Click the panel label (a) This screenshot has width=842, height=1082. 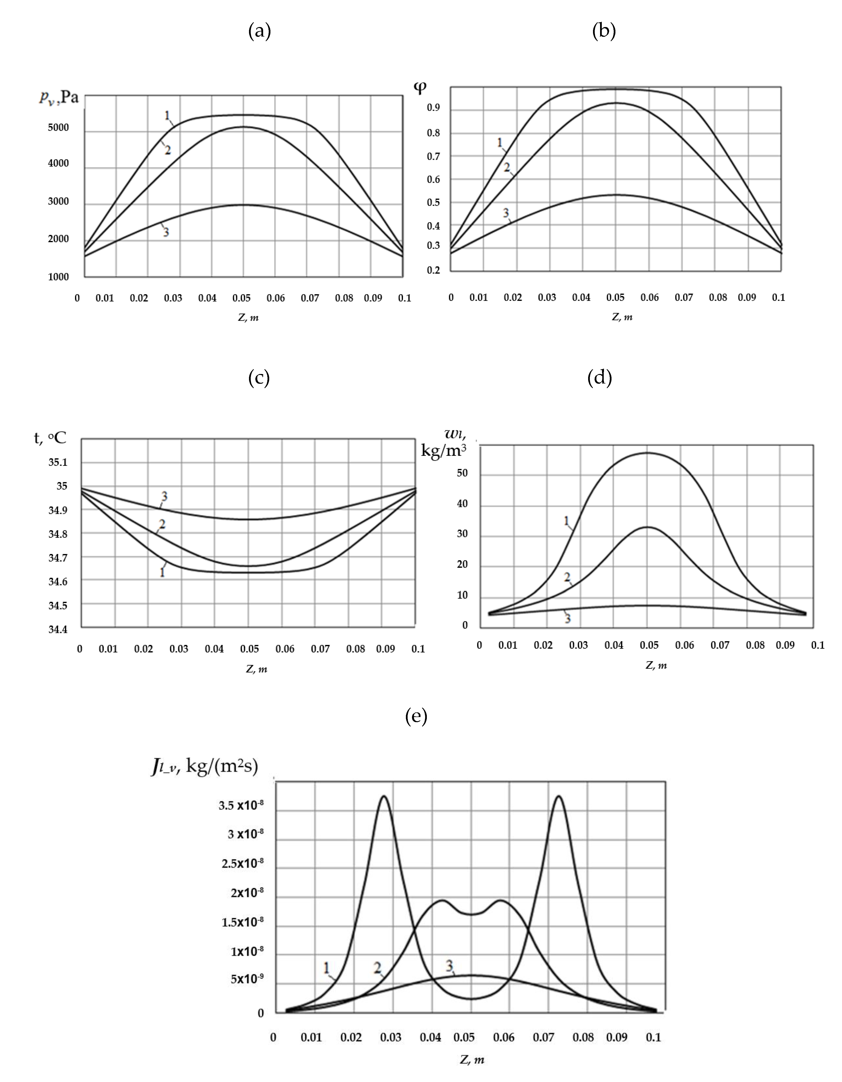pos(259,31)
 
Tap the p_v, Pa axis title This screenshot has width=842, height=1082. pos(59,97)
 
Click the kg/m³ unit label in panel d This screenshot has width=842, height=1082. pos(443,450)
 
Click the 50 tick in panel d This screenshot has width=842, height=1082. pos(462,473)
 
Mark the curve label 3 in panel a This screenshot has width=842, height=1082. pos(166,232)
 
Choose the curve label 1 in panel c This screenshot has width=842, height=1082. pos(162,573)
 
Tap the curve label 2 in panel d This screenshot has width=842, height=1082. pos(567,577)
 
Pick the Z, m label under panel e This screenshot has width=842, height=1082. pos(471,1060)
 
